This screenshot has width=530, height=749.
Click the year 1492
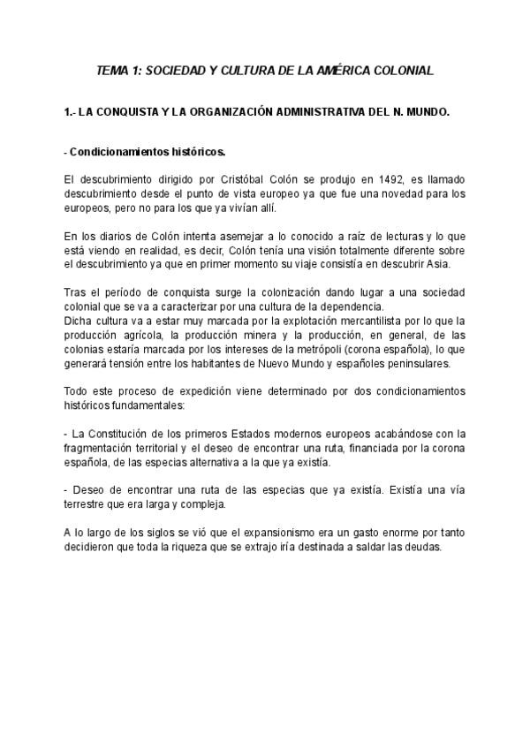click(x=383, y=179)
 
